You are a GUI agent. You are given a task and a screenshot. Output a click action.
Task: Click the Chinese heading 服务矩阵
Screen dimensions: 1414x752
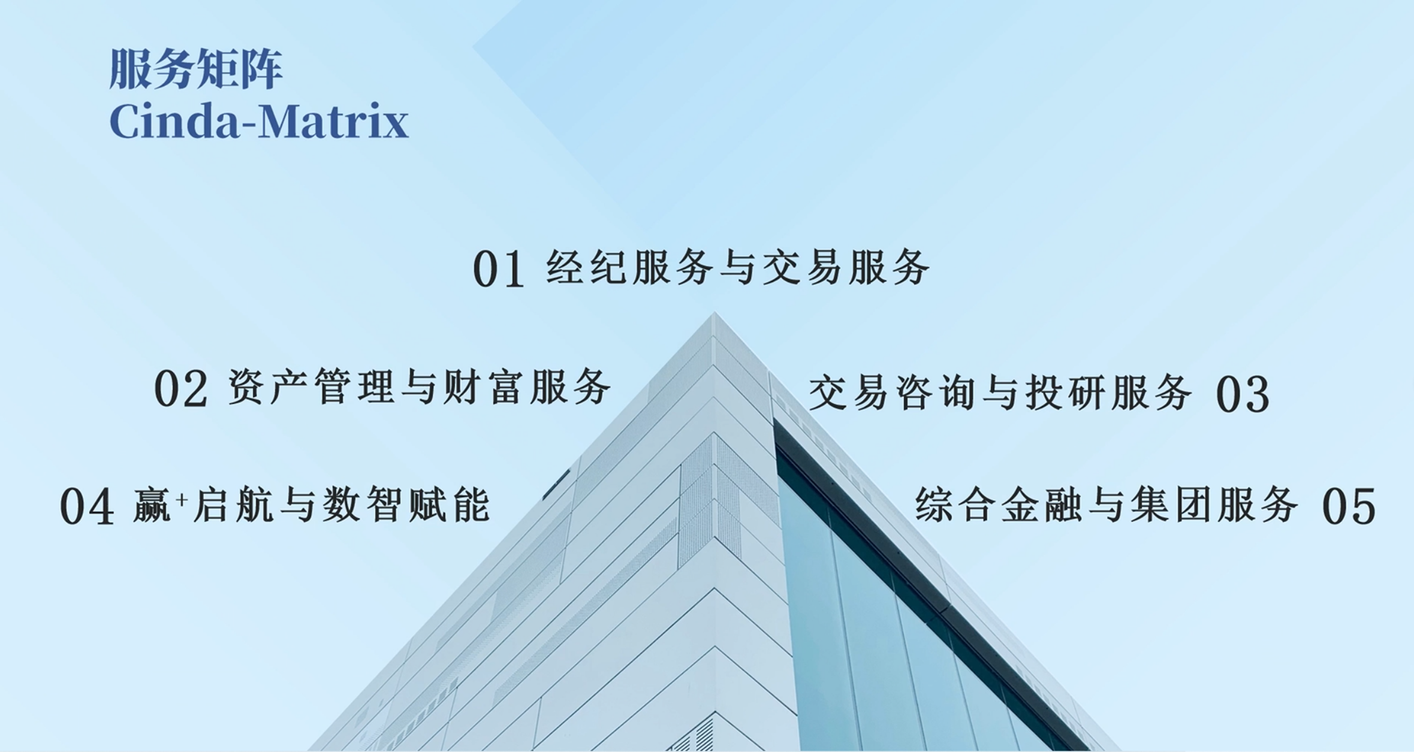(195, 70)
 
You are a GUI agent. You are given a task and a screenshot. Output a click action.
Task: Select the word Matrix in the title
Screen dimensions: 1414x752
(334, 122)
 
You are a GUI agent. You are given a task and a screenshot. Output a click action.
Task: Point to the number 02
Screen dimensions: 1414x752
(180, 389)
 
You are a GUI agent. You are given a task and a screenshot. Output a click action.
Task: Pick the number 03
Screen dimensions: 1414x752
(1243, 394)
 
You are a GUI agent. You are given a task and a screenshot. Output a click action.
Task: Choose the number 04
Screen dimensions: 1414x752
(87, 507)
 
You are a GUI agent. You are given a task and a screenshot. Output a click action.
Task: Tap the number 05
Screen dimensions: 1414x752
(1349, 507)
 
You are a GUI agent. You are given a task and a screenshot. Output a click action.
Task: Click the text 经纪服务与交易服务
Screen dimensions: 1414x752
(738, 267)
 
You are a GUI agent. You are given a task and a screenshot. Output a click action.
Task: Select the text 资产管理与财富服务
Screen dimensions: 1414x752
(420, 386)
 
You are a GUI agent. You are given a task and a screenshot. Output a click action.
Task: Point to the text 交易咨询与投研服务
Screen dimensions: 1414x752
(1000, 392)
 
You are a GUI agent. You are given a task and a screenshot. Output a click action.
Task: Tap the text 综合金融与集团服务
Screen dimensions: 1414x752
(1107, 505)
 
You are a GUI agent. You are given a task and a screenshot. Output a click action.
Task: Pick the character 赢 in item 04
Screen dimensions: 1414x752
(152, 505)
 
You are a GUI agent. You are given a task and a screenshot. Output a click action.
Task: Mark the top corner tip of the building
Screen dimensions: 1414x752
(714, 313)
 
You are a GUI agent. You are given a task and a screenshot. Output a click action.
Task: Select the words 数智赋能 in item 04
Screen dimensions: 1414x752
(406, 505)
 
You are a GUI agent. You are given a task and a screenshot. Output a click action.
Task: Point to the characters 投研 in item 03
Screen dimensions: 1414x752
(1065, 392)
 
